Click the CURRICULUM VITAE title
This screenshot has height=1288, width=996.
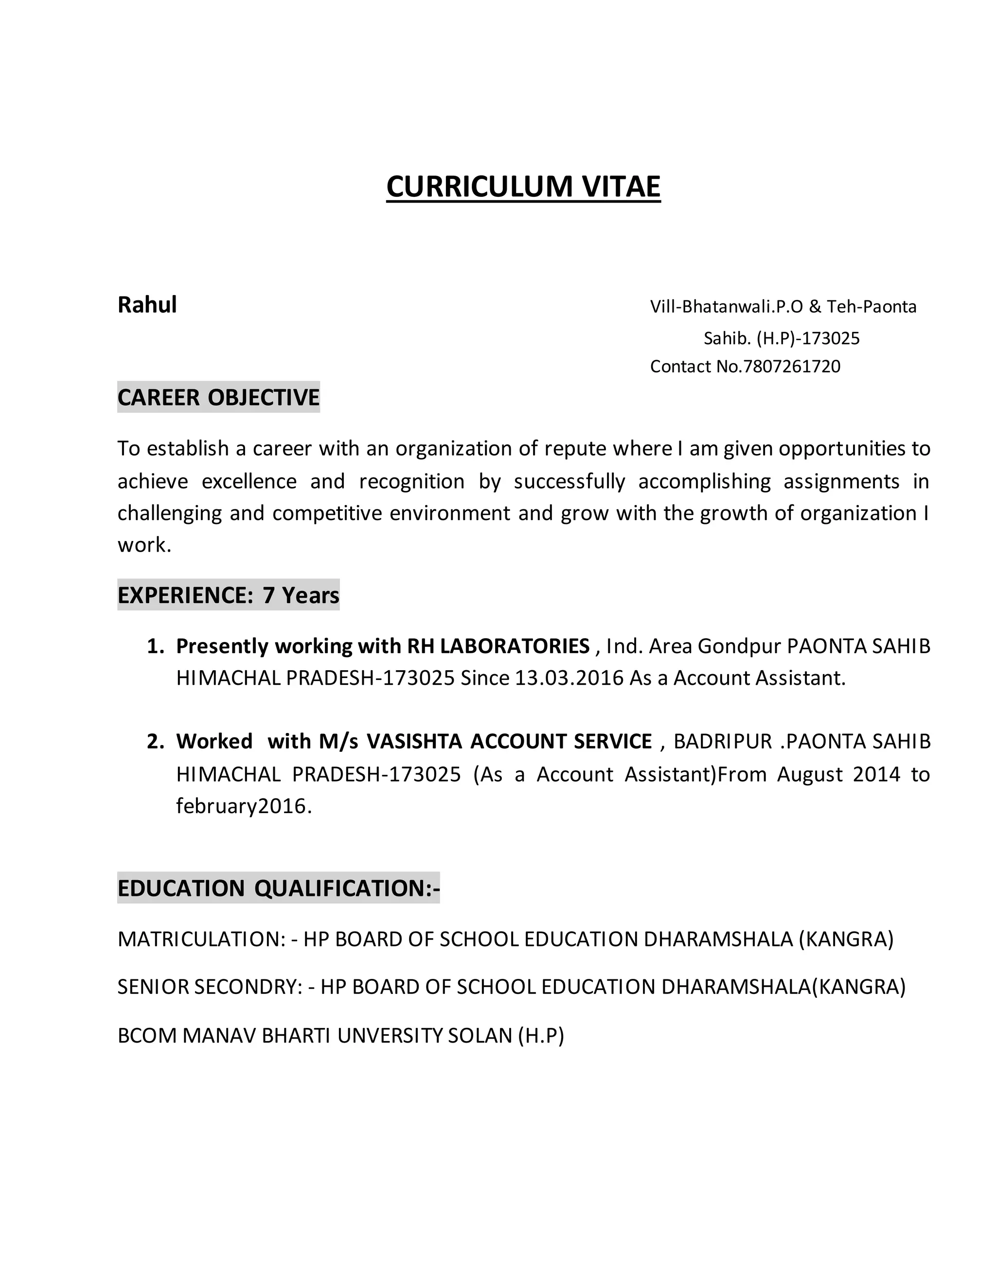click(x=523, y=186)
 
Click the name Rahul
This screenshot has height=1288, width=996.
click(x=147, y=305)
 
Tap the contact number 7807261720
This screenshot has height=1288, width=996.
click(x=792, y=366)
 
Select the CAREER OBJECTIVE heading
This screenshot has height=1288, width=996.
click(x=218, y=397)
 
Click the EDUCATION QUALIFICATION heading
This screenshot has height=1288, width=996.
click(x=279, y=888)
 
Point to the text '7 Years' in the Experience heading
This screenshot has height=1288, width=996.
click(x=301, y=595)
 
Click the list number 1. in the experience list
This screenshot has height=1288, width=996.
click(x=155, y=646)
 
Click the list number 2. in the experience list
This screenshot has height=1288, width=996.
click(x=155, y=741)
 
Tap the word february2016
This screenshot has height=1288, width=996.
click(x=243, y=805)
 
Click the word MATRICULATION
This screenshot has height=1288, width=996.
click(x=201, y=939)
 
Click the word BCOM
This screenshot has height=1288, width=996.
click(x=147, y=1036)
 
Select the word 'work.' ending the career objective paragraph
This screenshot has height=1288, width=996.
click(x=144, y=545)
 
